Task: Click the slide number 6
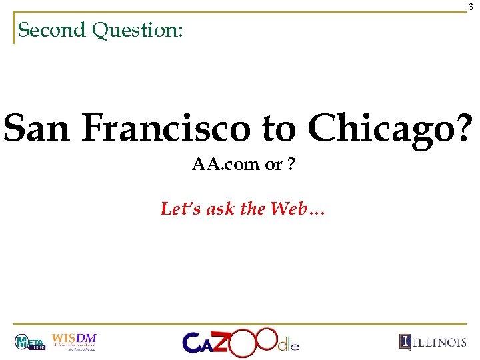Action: (x=470, y=6)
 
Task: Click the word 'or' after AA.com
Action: (x=273, y=165)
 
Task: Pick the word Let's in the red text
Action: (x=176, y=209)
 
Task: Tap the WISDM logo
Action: (x=75, y=341)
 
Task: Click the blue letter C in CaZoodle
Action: (x=193, y=343)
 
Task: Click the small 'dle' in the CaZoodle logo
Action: (x=289, y=345)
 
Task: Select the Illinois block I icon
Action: (x=405, y=342)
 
